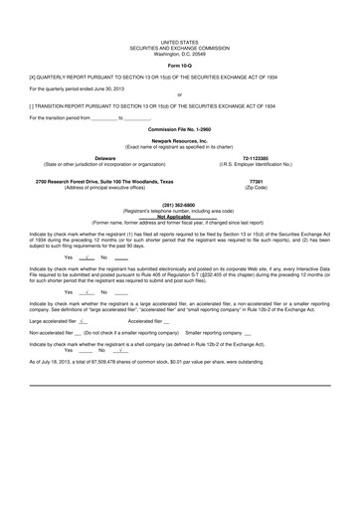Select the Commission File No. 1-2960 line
pyautogui.click(x=179, y=129)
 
